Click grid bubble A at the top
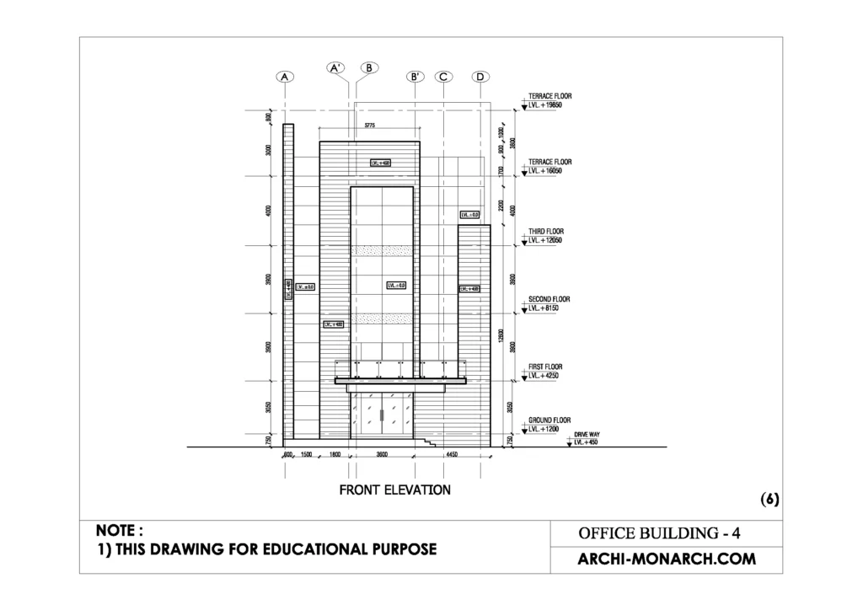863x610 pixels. (285, 77)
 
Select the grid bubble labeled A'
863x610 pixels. (336, 67)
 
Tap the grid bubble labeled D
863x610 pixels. (480, 77)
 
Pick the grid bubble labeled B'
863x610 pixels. (415, 77)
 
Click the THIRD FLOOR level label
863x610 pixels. (546, 231)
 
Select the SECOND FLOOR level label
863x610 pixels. (549, 299)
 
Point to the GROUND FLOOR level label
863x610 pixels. (549, 420)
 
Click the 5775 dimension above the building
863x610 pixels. (369, 126)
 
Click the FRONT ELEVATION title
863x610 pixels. (394, 490)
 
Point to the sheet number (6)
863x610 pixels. (769, 499)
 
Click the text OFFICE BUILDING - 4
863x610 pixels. (658, 533)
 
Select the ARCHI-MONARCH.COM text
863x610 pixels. (666, 559)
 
